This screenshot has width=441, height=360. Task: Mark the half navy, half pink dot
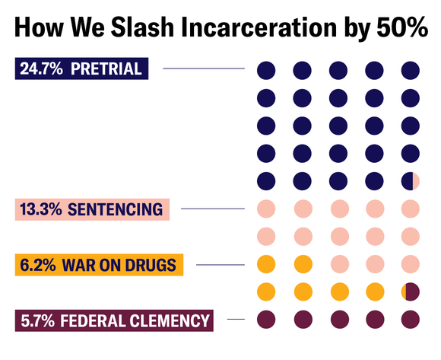click(x=411, y=180)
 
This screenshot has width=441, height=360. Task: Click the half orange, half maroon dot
click(x=411, y=292)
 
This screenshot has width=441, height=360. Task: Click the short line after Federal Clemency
click(x=236, y=320)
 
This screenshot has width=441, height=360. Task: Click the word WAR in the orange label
click(x=78, y=265)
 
